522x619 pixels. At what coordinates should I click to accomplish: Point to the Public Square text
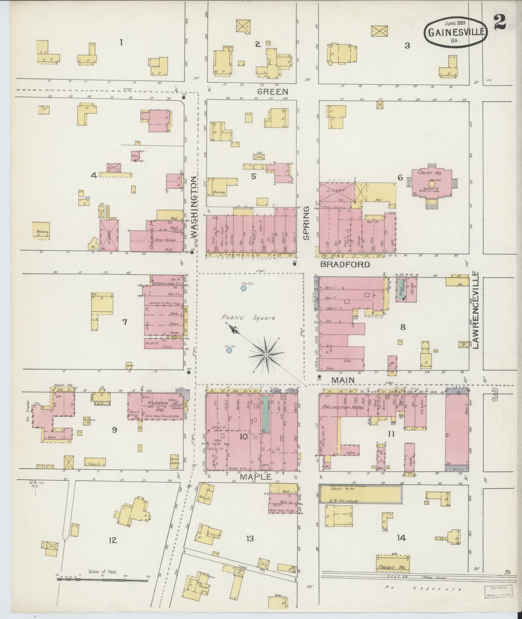(249, 318)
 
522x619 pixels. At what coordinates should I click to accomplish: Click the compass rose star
(266, 355)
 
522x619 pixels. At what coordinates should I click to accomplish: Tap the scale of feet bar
(102, 580)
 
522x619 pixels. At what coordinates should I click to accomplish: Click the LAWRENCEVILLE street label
(476, 311)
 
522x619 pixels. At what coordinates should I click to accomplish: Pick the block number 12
(113, 540)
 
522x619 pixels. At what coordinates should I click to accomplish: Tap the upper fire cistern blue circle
(244, 288)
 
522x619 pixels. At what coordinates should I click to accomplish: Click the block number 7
(125, 321)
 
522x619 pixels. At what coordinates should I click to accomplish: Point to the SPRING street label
(306, 223)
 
